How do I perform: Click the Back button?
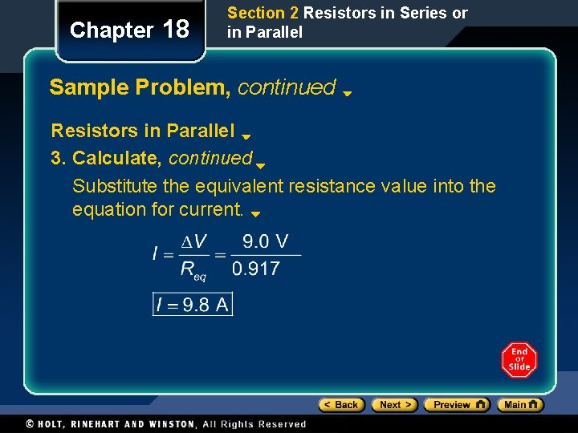[342, 405]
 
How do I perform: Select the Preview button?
[456, 405]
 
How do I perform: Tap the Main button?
[520, 405]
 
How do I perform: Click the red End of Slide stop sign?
[519, 360]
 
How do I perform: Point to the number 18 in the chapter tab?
[176, 30]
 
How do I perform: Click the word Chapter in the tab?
[112, 30]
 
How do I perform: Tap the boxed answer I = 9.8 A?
[193, 304]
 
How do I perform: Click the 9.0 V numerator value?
[266, 241]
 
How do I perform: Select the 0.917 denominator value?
[256, 269]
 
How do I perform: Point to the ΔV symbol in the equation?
[193, 241]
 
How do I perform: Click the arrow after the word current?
[255, 214]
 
